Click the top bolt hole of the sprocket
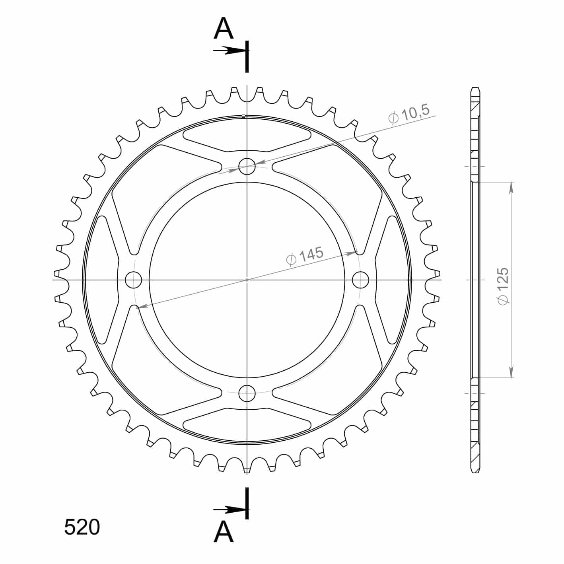pos(247,166)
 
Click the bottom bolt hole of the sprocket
pos(247,393)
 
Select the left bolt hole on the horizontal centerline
pos(133,280)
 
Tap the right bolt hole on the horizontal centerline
pos(360,280)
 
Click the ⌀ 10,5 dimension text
pos(409,114)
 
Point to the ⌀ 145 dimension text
pos(304,256)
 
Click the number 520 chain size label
pos(82,527)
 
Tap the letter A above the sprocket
pos(224,28)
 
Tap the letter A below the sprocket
pos(224,532)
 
